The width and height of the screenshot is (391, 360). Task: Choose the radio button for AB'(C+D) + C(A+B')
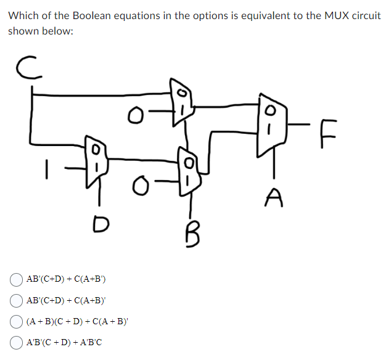pyautogui.click(x=17, y=279)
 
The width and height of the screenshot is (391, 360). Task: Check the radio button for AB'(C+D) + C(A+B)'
pyautogui.click(x=17, y=300)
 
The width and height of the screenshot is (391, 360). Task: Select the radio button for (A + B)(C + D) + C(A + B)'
pyautogui.click(x=17, y=321)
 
